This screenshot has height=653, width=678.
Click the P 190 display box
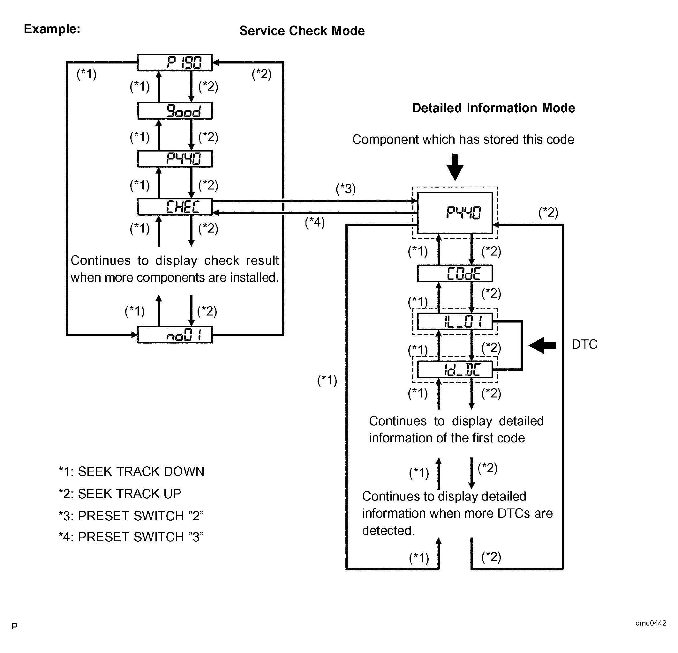click(175, 63)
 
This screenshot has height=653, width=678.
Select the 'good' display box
click(175, 111)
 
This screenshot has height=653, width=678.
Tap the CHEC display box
click(175, 207)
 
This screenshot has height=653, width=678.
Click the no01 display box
click(175, 335)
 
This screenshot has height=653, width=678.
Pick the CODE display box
click(455, 273)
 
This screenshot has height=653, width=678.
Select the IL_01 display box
click(455, 322)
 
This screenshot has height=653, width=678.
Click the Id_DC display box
click(455, 369)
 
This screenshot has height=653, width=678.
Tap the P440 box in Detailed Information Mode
click(455, 212)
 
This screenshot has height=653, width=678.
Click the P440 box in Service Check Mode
click(175, 159)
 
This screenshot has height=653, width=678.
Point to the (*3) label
click(346, 189)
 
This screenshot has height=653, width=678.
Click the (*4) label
click(315, 222)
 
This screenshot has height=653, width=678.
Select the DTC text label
click(584, 345)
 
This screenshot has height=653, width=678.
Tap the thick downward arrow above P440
click(455, 167)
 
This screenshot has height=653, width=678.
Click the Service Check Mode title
click(302, 31)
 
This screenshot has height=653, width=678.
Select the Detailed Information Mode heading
click(493, 108)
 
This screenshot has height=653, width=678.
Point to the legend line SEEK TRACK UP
click(120, 493)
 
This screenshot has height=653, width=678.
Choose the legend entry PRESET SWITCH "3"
click(131, 537)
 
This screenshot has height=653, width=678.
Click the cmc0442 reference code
click(651, 623)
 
